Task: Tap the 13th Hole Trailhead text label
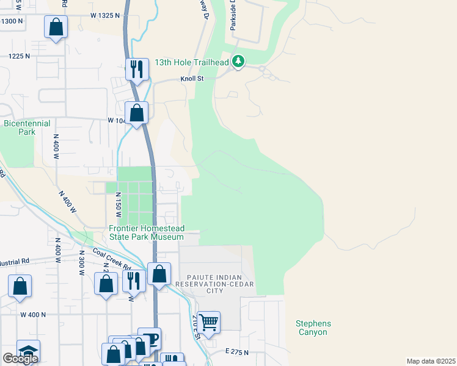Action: [x=191, y=62]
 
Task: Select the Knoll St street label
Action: [x=191, y=79]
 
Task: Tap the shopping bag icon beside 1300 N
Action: [x=56, y=27]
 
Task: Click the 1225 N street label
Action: [x=19, y=56]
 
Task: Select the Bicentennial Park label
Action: [x=27, y=127]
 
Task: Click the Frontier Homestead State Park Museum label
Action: [x=146, y=232]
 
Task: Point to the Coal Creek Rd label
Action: [x=111, y=259]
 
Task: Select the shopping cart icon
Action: [x=209, y=321]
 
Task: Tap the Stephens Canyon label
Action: [x=313, y=328]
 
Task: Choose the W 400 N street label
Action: [x=33, y=315]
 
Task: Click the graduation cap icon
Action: [x=28, y=350]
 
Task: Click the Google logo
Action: [x=20, y=358]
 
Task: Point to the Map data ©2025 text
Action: [x=431, y=361]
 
